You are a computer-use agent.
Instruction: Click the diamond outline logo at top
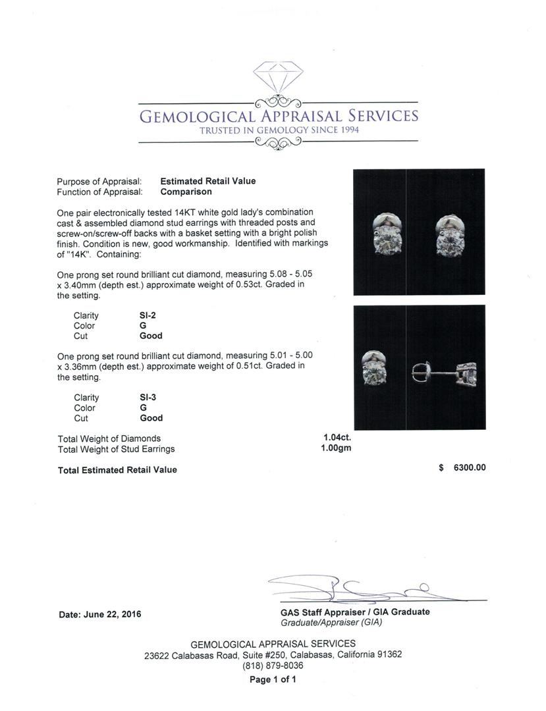pyautogui.click(x=278, y=80)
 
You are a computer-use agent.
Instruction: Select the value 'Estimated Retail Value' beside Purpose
pyautogui.click(x=208, y=181)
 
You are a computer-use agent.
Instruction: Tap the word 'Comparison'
pyautogui.click(x=186, y=192)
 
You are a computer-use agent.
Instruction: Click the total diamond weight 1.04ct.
pyautogui.click(x=337, y=437)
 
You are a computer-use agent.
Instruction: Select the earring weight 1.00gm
pyautogui.click(x=337, y=448)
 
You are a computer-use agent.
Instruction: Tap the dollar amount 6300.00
pyautogui.click(x=470, y=468)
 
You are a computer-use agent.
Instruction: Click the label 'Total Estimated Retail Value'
pyautogui.click(x=117, y=470)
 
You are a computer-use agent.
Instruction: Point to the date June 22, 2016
pyautogui.click(x=100, y=614)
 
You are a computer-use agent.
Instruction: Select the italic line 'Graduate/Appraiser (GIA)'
pyautogui.click(x=331, y=622)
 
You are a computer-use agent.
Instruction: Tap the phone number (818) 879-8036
pyautogui.click(x=273, y=666)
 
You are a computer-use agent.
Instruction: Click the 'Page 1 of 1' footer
pyautogui.click(x=273, y=679)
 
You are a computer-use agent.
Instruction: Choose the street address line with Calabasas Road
pyautogui.click(x=273, y=655)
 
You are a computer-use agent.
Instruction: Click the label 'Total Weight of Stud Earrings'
pyautogui.click(x=117, y=449)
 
